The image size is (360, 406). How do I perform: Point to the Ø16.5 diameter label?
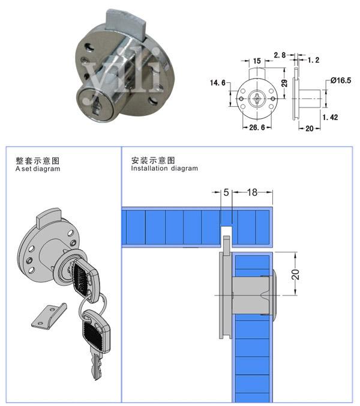pos(340,80)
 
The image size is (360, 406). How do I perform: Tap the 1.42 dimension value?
pos(331,117)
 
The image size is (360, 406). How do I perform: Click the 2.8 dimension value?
pos(280,55)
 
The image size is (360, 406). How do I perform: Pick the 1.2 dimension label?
pos(313,61)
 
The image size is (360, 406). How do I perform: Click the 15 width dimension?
pos(256,61)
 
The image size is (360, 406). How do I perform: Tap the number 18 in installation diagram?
pos(252,192)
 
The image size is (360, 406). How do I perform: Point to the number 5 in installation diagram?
pos(226,192)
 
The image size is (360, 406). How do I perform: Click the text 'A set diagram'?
pos(38,169)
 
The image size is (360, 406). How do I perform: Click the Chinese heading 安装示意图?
pos(152,160)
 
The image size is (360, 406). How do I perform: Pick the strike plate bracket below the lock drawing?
pos(46,315)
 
